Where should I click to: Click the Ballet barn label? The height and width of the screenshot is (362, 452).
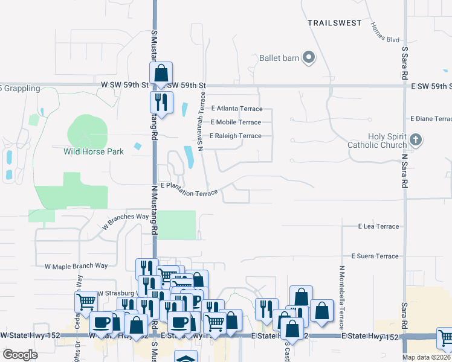coord(279,58)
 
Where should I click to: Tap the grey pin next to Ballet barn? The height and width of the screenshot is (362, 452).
coord(309,58)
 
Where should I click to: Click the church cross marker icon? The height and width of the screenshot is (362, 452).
coord(415,140)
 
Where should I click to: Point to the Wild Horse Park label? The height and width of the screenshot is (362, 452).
coord(94,151)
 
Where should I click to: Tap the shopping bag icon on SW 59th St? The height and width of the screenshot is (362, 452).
coord(161,74)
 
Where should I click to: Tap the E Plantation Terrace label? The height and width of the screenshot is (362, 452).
coord(189,191)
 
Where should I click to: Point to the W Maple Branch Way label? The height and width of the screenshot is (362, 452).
coord(76,265)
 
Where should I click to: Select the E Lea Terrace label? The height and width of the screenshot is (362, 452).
coord(378,226)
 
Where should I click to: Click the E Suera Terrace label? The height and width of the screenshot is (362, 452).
coord(375,256)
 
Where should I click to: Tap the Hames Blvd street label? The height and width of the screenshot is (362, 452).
coord(385,33)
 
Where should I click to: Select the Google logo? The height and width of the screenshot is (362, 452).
coord(20,355)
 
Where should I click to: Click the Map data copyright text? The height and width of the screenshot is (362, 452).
coord(427,357)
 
